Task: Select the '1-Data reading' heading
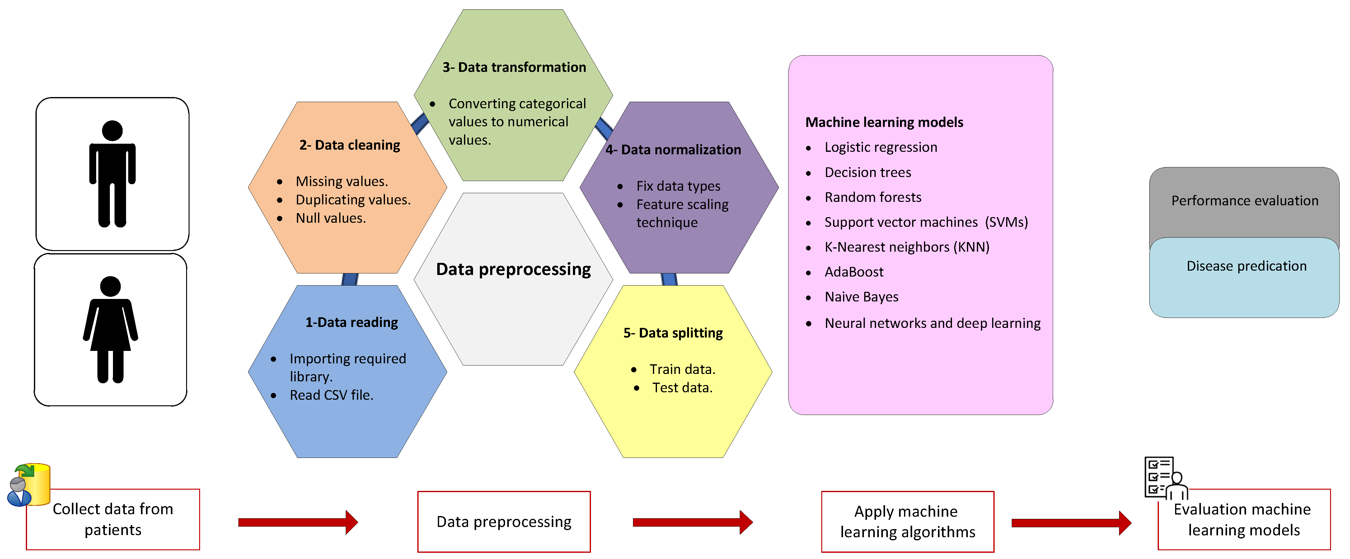(352, 322)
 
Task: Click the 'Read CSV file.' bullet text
(331, 395)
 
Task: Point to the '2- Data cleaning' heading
(349, 145)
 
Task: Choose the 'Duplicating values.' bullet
(353, 200)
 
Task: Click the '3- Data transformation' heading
(514, 67)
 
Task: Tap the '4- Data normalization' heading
(673, 150)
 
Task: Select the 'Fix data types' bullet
(678, 186)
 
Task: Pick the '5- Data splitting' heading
(673, 333)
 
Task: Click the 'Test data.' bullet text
(682, 388)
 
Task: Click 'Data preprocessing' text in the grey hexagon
(513, 269)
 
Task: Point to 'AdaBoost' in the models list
(854, 272)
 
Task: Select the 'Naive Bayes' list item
(861, 297)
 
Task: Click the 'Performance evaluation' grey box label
(1245, 201)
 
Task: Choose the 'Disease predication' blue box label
(1246, 266)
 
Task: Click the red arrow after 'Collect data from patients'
(298, 522)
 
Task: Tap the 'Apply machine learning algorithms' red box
(907, 521)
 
